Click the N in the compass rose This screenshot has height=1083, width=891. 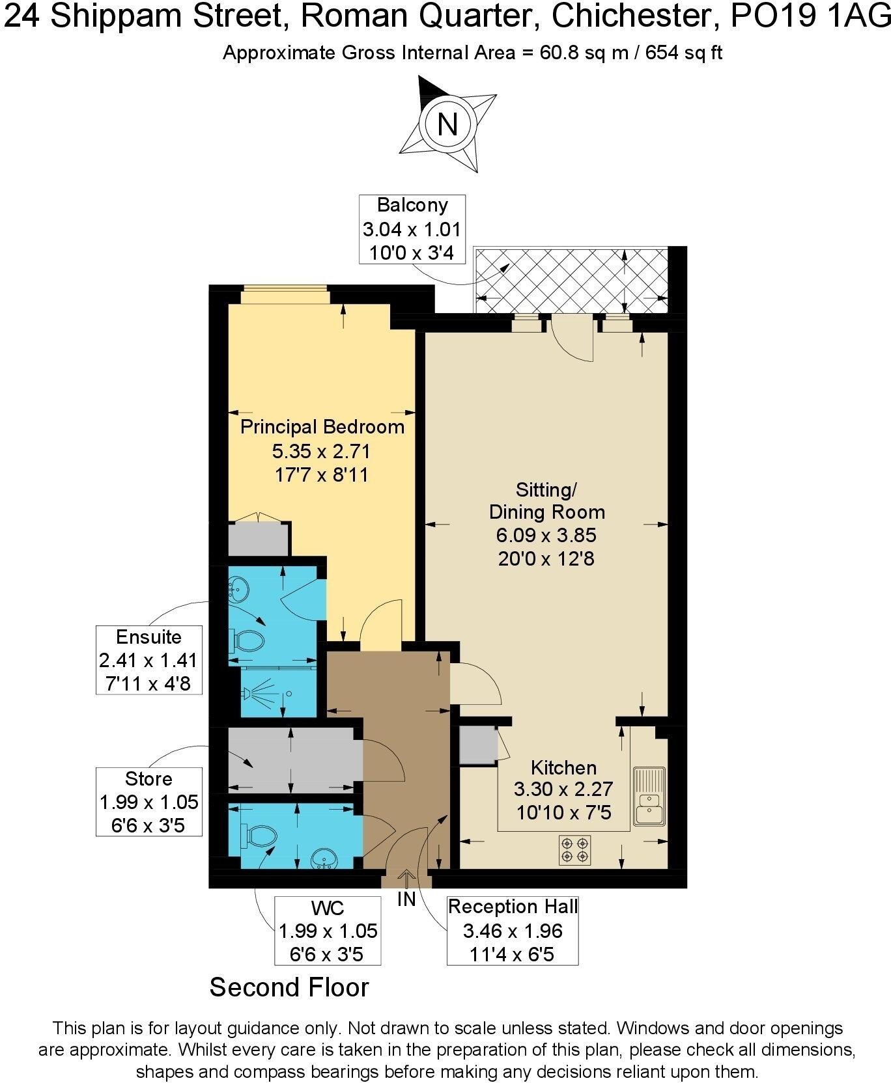[x=447, y=124]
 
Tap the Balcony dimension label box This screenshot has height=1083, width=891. [x=412, y=229]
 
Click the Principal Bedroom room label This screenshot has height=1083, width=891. [x=322, y=428]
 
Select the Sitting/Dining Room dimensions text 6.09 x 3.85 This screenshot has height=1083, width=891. [x=546, y=536]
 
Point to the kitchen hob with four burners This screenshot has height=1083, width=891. [x=574, y=850]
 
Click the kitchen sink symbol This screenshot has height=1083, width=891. [x=649, y=797]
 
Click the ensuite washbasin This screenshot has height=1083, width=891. [x=238, y=591]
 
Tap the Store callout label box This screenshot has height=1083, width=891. [x=149, y=802]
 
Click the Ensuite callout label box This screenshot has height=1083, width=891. [x=149, y=660]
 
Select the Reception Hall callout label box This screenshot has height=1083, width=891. [x=513, y=931]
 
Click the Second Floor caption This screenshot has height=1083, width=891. [x=289, y=987]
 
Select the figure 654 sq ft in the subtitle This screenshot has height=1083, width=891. [x=683, y=53]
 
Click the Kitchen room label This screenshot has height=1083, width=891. [x=563, y=767]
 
